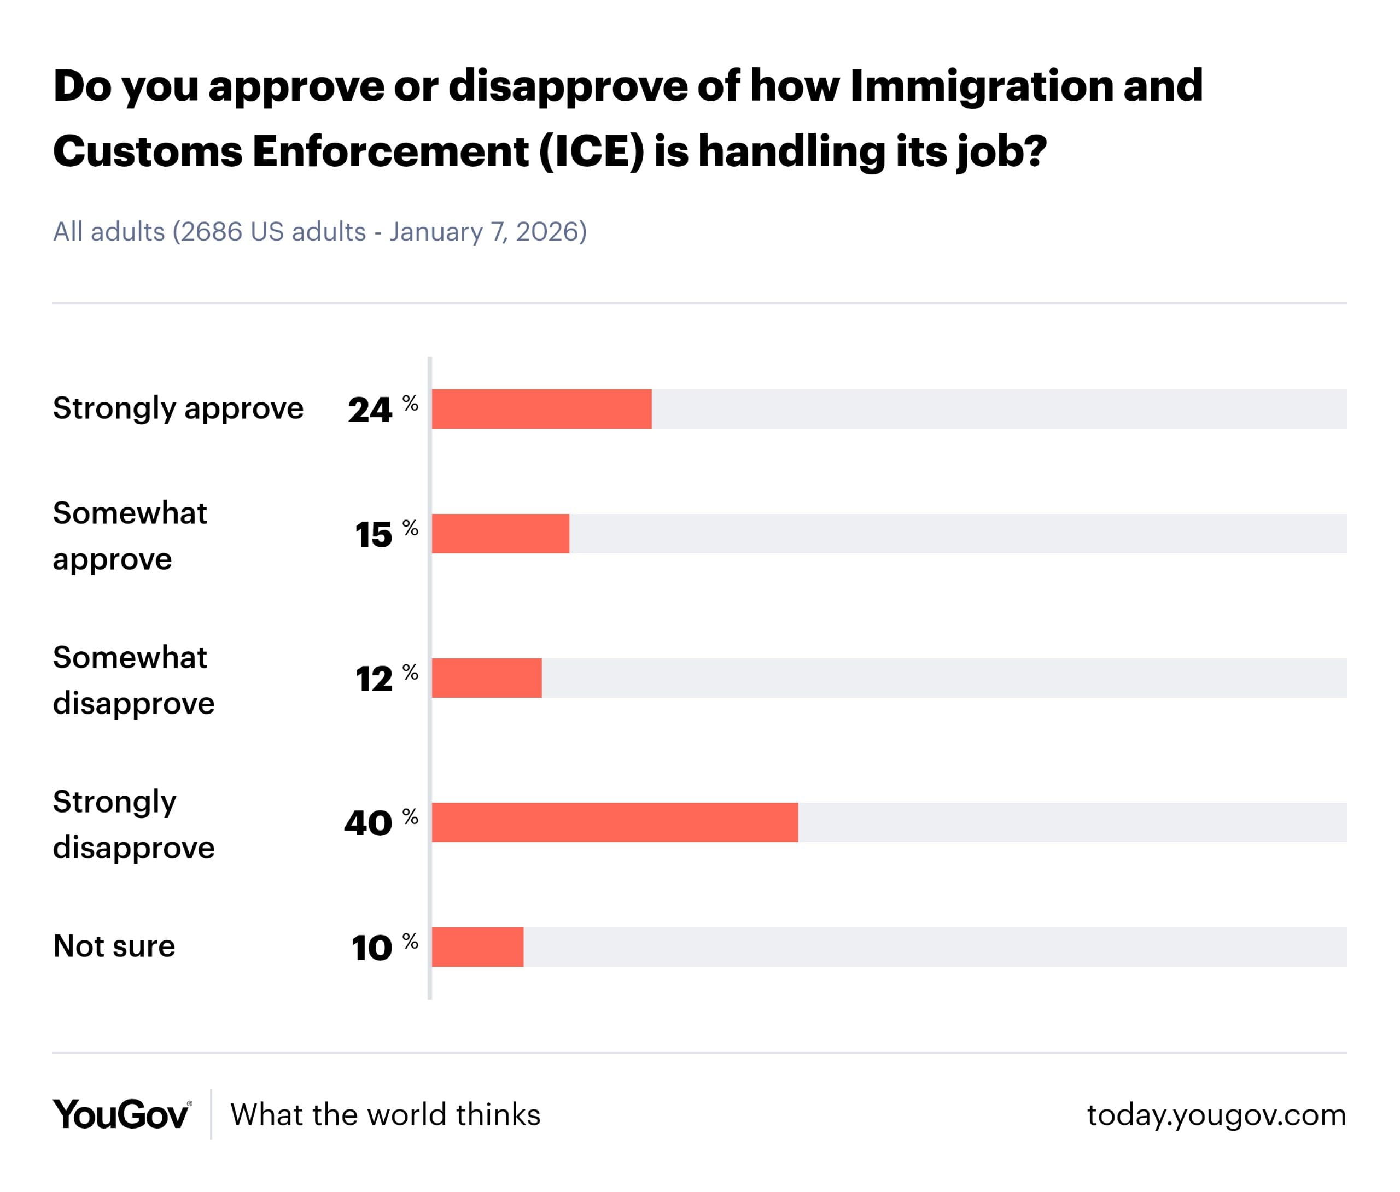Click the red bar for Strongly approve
[x=541, y=409]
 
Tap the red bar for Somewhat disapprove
[x=487, y=678]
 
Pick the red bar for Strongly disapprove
[x=614, y=822]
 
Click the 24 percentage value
[x=370, y=410]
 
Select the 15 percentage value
[x=374, y=535]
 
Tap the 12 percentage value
[x=374, y=679]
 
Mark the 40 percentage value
[x=368, y=823]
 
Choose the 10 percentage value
[x=372, y=948]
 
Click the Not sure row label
[x=114, y=946]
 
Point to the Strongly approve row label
[x=178, y=408]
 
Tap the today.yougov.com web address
[x=1216, y=1114]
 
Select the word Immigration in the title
[x=981, y=86]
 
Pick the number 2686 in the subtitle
[x=211, y=232]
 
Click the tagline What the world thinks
[x=385, y=1114]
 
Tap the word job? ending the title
[x=1001, y=152]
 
